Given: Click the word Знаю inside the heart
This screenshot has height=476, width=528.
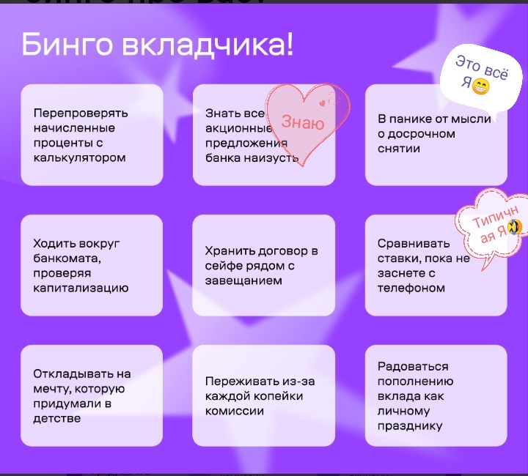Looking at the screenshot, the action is click(303, 122).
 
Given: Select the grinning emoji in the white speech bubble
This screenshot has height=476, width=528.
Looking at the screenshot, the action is click(481, 86).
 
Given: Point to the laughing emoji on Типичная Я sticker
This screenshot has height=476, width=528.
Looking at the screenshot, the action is click(514, 227).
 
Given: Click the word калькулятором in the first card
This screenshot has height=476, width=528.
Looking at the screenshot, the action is click(79, 157).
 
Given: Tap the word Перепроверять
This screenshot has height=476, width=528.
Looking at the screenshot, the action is click(81, 114).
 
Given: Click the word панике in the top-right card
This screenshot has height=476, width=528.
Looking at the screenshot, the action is click(410, 119).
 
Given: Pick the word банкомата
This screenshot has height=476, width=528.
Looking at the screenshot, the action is click(67, 259).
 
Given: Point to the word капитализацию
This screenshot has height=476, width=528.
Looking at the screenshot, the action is click(81, 288).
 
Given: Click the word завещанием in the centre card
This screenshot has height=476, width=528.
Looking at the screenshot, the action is click(243, 280).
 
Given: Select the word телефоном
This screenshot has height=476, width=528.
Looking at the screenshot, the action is click(411, 288).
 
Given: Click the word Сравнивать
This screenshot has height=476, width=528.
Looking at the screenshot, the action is click(414, 243).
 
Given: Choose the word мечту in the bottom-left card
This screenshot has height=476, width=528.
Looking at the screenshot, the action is click(52, 389).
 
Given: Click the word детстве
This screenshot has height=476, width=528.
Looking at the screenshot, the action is click(57, 419).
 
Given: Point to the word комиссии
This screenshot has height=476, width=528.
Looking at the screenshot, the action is click(235, 411).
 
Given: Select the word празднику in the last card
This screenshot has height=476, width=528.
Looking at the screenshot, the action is click(410, 426).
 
